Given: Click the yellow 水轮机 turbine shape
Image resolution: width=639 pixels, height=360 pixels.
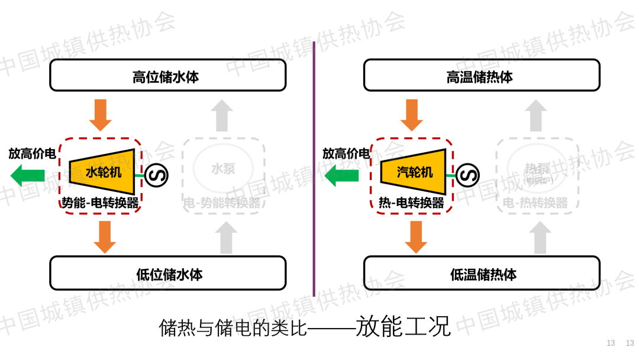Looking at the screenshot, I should click(103, 172).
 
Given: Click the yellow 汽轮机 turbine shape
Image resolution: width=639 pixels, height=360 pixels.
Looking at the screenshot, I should click(414, 172).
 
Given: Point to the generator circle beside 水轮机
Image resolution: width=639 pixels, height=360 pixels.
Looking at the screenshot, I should click(157, 175).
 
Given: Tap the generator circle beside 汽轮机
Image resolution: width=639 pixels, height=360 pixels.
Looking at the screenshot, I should click(467, 175).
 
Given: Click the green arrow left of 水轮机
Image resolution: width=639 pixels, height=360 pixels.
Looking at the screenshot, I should click(28, 175).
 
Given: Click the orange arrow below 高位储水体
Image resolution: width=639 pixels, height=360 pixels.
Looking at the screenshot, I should click(101, 115).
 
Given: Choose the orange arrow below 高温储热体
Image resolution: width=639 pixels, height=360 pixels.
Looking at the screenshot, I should click(412, 115).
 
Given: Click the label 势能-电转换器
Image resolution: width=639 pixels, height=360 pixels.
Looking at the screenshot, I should click(101, 203).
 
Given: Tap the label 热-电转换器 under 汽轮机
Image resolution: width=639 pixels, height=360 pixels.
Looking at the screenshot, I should click(411, 203).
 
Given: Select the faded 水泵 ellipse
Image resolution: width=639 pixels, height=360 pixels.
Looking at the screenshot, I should click(223, 169).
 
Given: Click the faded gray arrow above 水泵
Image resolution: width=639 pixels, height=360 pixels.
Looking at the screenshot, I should click(222, 115).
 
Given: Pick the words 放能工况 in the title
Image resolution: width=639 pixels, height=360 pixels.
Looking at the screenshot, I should click(403, 326).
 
